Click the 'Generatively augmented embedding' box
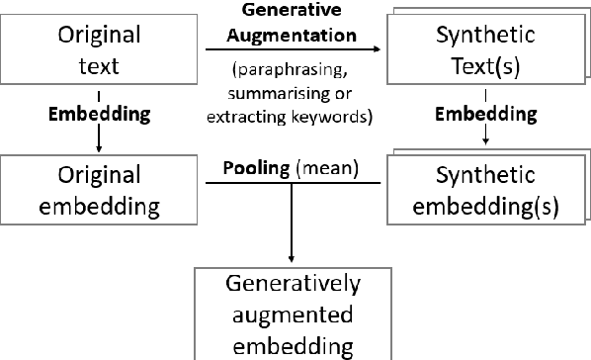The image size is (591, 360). click(x=293, y=315)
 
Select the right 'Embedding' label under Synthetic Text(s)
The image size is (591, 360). click(x=486, y=114)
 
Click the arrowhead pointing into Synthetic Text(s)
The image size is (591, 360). click(x=379, y=46)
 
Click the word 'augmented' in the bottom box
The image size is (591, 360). click(x=293, y=315)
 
